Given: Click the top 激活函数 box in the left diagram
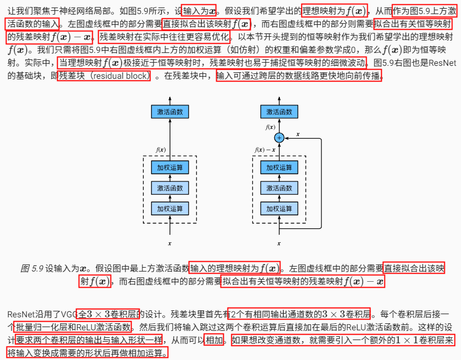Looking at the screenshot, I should click(x=170, y=112).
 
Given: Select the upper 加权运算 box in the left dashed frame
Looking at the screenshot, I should click(x=170, y=167).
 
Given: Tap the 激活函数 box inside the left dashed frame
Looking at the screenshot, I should click(x=170, y=188).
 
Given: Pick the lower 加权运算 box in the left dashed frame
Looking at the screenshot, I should click(x=170, y=208).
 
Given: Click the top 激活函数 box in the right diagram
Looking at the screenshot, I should click(x=279, y=112).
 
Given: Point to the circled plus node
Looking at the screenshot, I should click(x=279, y=138).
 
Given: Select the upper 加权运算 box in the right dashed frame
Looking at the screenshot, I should click(x=279, y=167).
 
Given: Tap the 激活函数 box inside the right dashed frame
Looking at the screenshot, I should click(x=279, y=188).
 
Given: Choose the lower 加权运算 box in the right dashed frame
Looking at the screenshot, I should click(x=279, y=208).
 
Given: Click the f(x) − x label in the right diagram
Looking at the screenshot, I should click(x=265, y=150).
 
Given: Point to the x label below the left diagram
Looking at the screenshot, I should click(x=170, y=243).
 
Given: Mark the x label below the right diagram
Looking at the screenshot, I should click(x=279, y=243).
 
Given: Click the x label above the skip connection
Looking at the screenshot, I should click(x=298, y=133).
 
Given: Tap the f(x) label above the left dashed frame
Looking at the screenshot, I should click(x=160, y=150).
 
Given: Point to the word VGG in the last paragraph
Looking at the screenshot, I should click(x=68, y=314).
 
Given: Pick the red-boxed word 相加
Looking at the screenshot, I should click(x=214, y=341).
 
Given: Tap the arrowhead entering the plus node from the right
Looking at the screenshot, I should click(x=286, y=138).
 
